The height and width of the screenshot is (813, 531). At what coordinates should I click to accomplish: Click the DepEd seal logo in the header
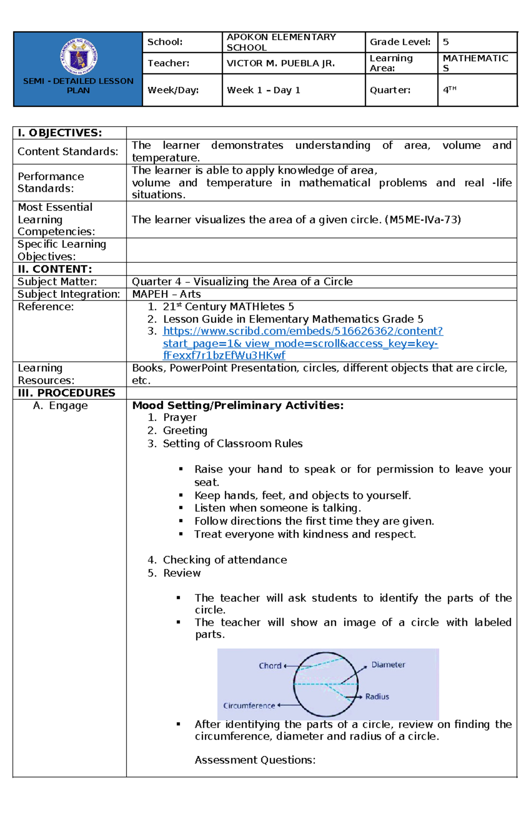coord(79,57)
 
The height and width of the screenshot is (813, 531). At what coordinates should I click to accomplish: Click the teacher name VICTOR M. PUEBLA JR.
coord(281,63)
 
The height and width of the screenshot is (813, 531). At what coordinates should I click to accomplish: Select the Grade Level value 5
coord(446,42)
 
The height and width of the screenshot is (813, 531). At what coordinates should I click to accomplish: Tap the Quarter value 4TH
coord(449,90)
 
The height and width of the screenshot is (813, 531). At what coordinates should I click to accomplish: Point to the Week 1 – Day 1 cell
coord(263,90)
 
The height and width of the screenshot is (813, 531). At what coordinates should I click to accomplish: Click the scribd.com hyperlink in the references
coord(302,343)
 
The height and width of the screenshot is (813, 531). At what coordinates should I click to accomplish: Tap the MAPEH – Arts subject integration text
coord(166,294)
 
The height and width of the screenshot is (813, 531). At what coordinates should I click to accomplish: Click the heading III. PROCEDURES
coord(66,393)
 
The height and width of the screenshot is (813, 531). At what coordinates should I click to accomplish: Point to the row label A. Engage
coord(61,405)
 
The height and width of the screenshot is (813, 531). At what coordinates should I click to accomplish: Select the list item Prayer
coord(180,417)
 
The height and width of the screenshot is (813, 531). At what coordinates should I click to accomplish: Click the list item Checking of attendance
coord(225,560)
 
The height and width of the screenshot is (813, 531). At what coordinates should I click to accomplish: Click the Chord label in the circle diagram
coord(270,666)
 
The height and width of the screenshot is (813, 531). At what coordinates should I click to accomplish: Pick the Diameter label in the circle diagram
coord(388,665)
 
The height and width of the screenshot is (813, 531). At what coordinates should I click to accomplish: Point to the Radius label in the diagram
coord(377,697)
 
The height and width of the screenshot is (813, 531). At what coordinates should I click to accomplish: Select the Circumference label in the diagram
coord(249,706)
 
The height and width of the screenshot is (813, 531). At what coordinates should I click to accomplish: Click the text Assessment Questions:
coord(255,760)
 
